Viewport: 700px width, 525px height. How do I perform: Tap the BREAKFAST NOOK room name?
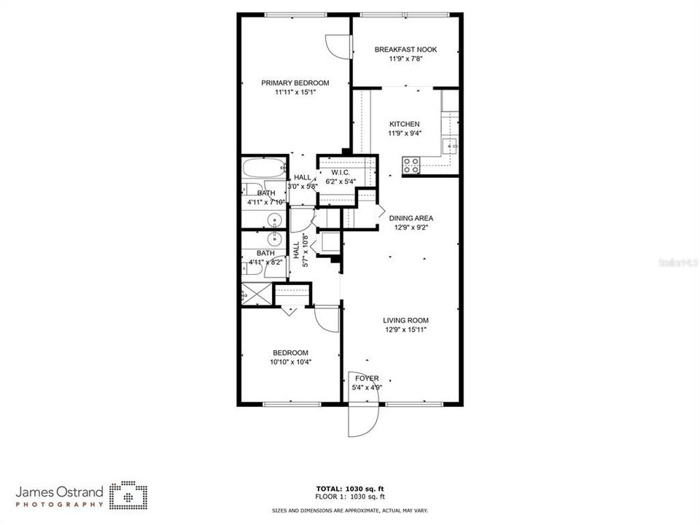tap(405, 50)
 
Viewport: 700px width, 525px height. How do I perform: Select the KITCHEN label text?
tap(404, 124)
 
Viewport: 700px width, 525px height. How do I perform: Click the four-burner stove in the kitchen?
tap(411, 166)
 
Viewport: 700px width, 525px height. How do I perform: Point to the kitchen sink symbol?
tap(451, 144)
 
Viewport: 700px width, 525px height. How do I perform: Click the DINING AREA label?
tap(411, 217)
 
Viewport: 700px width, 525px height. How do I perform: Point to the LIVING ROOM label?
tap(406, 320)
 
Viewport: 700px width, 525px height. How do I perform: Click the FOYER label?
tap(367, 378)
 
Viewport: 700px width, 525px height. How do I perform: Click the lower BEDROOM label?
tap(291, 352)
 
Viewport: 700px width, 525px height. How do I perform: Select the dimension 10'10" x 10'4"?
tap(291, 362)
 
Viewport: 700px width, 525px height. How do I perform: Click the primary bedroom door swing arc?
tap(338, 47)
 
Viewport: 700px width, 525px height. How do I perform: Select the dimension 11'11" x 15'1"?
tap(295, 93)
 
